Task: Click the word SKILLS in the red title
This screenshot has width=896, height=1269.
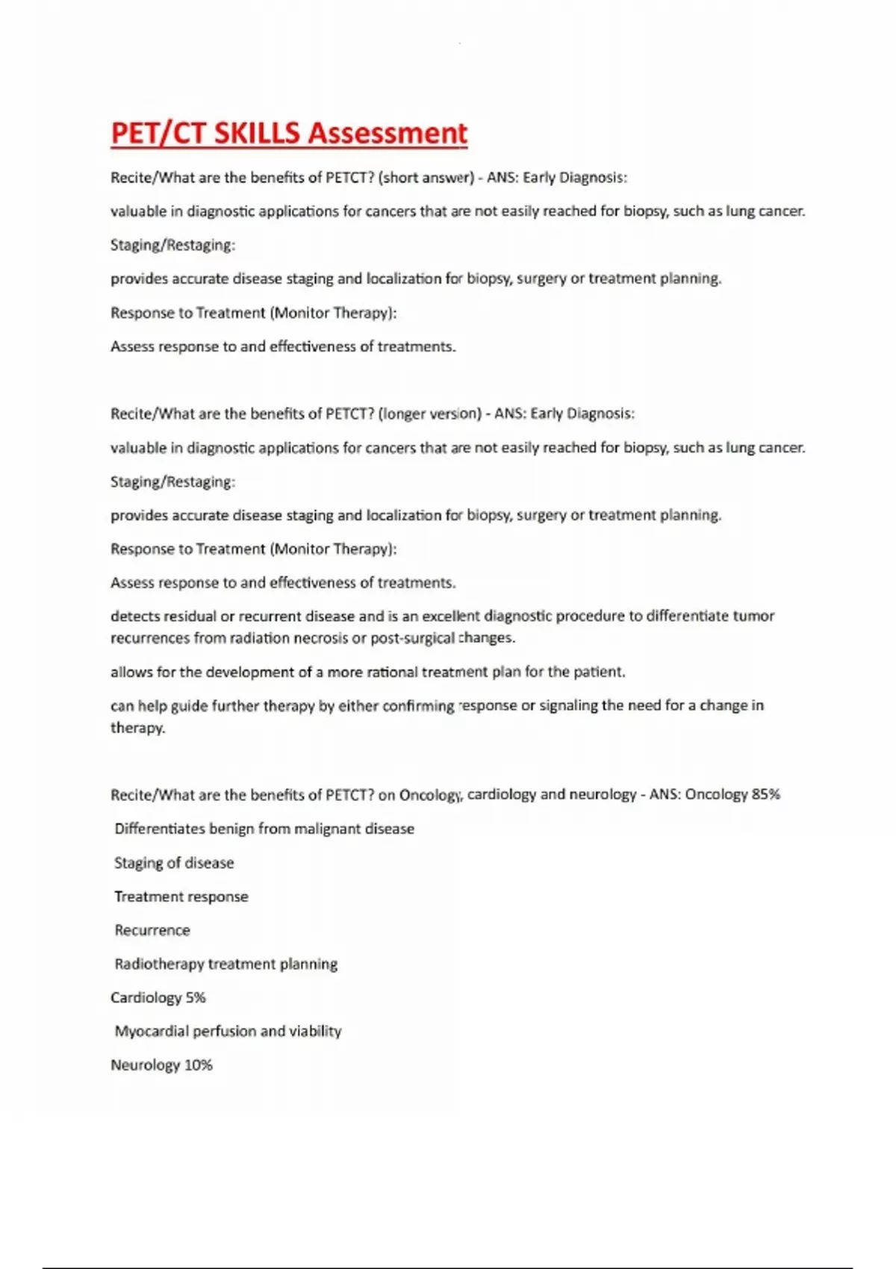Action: [x=255, y=134]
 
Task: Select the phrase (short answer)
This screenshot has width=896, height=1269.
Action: [x=426, y=178]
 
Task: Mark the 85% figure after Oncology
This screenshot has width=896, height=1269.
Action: [x=765, y=794]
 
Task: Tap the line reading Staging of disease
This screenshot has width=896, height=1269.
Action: [x=174, y=863]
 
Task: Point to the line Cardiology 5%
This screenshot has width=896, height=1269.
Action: [x=158, y=998]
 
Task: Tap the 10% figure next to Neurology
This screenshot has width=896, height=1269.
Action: [x=198, y=1065]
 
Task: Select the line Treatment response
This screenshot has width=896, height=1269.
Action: [x=181, y=897]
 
